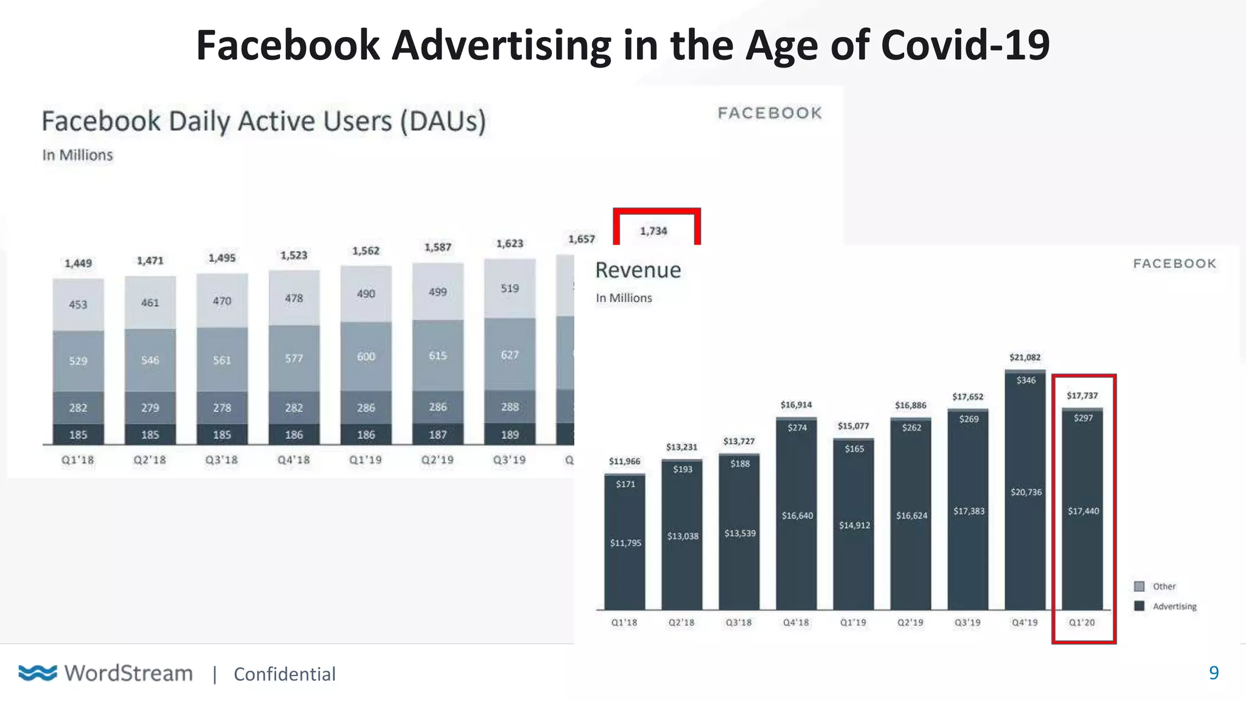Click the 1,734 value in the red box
(x=653, y=231)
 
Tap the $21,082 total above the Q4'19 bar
(x=1025, y=357)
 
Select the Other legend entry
(x=1163, y=587)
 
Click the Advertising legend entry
(x=1174, y=607)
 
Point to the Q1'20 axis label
(x=1082, y=623)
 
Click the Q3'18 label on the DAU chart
(x=221, y=460)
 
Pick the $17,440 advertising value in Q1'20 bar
(x=1084, y=511)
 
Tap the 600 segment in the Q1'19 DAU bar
(x=366, y=357)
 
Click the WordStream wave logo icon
(x=38, y=673)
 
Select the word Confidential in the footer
(x=284, y=674)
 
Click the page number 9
(x=1214, y=673)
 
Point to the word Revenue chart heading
(x=638, y=270)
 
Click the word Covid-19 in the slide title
(x=965, y=46)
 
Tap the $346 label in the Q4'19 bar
(x=1026, y=380)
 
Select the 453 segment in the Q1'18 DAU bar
(x=78, y=304)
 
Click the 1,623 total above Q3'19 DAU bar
(x=509, y=243)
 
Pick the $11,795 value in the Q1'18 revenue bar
(x=625, y=543)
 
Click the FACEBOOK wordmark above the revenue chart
(x=1174, y=263)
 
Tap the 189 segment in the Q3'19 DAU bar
(x=510, y=435)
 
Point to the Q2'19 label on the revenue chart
(x=910, y=623)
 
